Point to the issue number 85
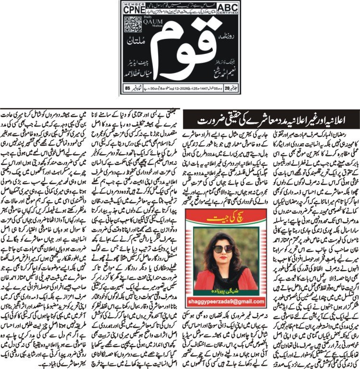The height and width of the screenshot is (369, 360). click(127, 88)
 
